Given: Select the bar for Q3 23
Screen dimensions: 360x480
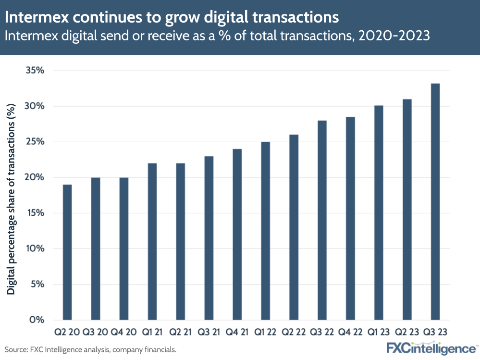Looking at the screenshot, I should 435,201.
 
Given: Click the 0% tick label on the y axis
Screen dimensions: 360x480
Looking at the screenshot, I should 37,320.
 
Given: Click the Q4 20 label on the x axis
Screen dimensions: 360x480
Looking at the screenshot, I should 123,332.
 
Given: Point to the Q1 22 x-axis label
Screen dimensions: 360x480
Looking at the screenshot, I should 265,332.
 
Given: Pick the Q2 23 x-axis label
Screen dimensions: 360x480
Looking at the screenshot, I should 407,332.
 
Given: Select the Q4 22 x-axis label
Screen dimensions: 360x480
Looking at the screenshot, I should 350,332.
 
